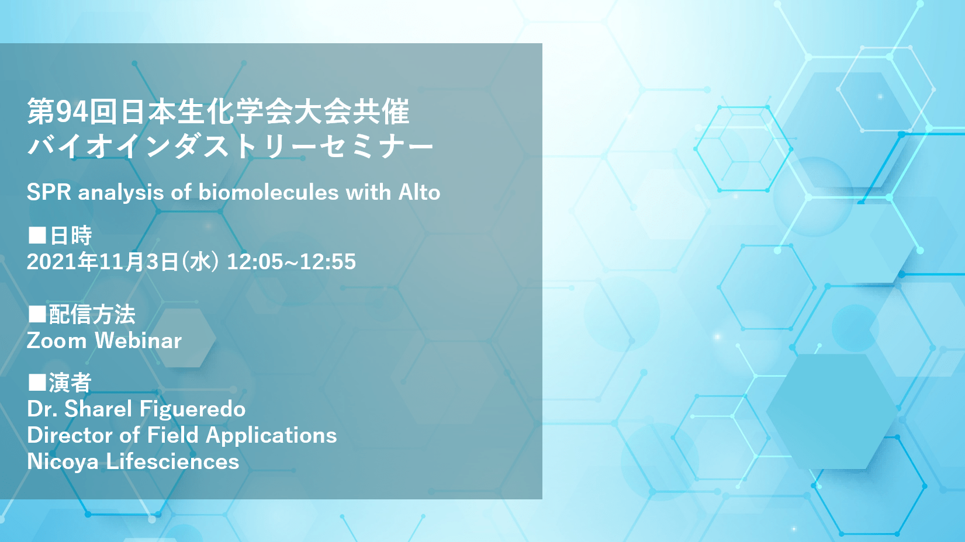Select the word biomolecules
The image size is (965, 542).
pyautogui.click(x=268, y=192)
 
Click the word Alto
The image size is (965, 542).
pyautogui.click(x=419, y=192)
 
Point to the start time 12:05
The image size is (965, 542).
pyautogui.click(x=254, y=261)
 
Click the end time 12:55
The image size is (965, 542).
pyautogui.click(x=328, y=261)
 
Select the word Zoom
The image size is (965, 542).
pyautogui.click(x=57, y=341)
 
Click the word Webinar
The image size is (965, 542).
pyautogui.click(x=138, y=340)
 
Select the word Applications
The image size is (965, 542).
pyautogui.click(x=271, y=436)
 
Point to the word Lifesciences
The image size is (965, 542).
pyautogui.click(x=172, y=461)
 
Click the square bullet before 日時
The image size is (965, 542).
pyautogui.click(x=37, y=235)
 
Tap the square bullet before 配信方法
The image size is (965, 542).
pyautogui.click(x=37, y=314)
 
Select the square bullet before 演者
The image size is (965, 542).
pyautogui.click(x=37, y=383)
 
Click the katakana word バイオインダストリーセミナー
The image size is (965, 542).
pyautogui.click(x=230, y=146)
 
